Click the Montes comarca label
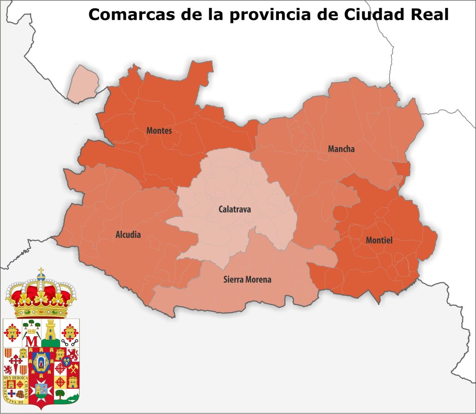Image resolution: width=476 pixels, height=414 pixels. pos(159,131)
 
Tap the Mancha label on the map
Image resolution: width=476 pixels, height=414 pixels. pos(341,149)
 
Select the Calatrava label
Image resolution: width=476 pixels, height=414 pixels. pos(235,210)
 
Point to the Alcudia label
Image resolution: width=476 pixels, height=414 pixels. pos(128,235)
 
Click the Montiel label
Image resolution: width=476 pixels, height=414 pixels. pos(379,240)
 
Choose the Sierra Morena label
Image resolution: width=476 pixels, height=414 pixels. pos(247,280)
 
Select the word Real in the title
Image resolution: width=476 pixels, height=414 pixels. pos(428,15)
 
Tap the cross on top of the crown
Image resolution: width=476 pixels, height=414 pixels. pos(41,272)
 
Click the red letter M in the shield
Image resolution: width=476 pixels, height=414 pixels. pos(32,341)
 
